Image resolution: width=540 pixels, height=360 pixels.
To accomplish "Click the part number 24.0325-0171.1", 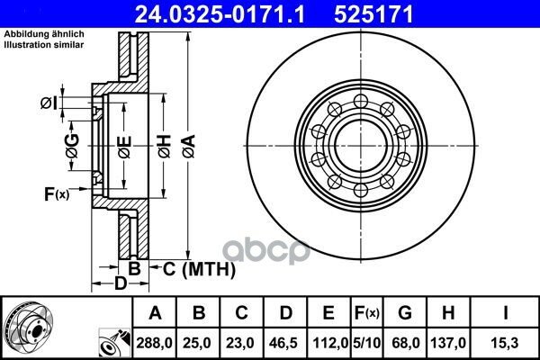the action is (x=220, y=14).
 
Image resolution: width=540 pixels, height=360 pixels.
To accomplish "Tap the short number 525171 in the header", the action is (x=373, y=14).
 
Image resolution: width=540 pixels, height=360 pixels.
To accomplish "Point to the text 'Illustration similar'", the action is (x=44, y=45).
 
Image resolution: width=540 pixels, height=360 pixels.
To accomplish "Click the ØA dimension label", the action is (x=189, y=146).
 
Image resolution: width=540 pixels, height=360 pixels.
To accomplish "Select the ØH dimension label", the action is (x=165, y=146).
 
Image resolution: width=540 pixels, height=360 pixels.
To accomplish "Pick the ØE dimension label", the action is (x=124, y=147).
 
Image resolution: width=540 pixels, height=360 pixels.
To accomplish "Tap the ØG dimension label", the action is (x=73, y=146).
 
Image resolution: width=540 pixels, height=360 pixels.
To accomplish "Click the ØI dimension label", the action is (x=49, y=103).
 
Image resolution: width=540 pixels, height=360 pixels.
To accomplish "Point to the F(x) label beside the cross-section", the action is (x=57, y=194).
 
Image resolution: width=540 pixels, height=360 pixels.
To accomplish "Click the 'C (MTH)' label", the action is (x=199, y=269).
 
